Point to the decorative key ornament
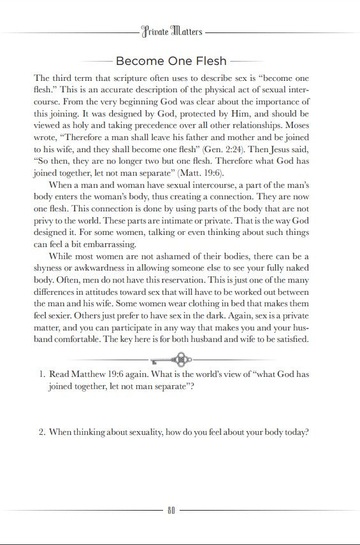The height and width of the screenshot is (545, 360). click(x=180, y=358)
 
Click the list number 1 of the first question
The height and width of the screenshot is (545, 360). click(x=40, y=375)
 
